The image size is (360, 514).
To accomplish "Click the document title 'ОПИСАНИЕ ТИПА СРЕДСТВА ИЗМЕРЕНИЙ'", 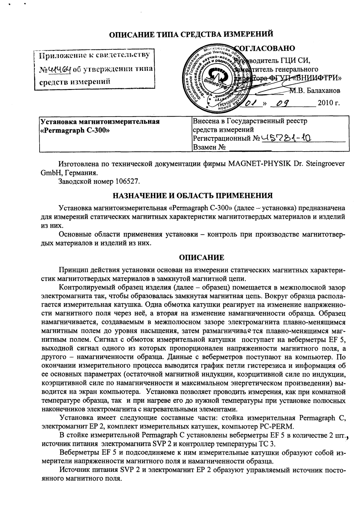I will (x=191, y=34).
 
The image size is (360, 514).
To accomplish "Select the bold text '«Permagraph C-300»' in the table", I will (x=75, y=129).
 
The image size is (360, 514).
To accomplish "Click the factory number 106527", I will (x=125, y=181).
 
